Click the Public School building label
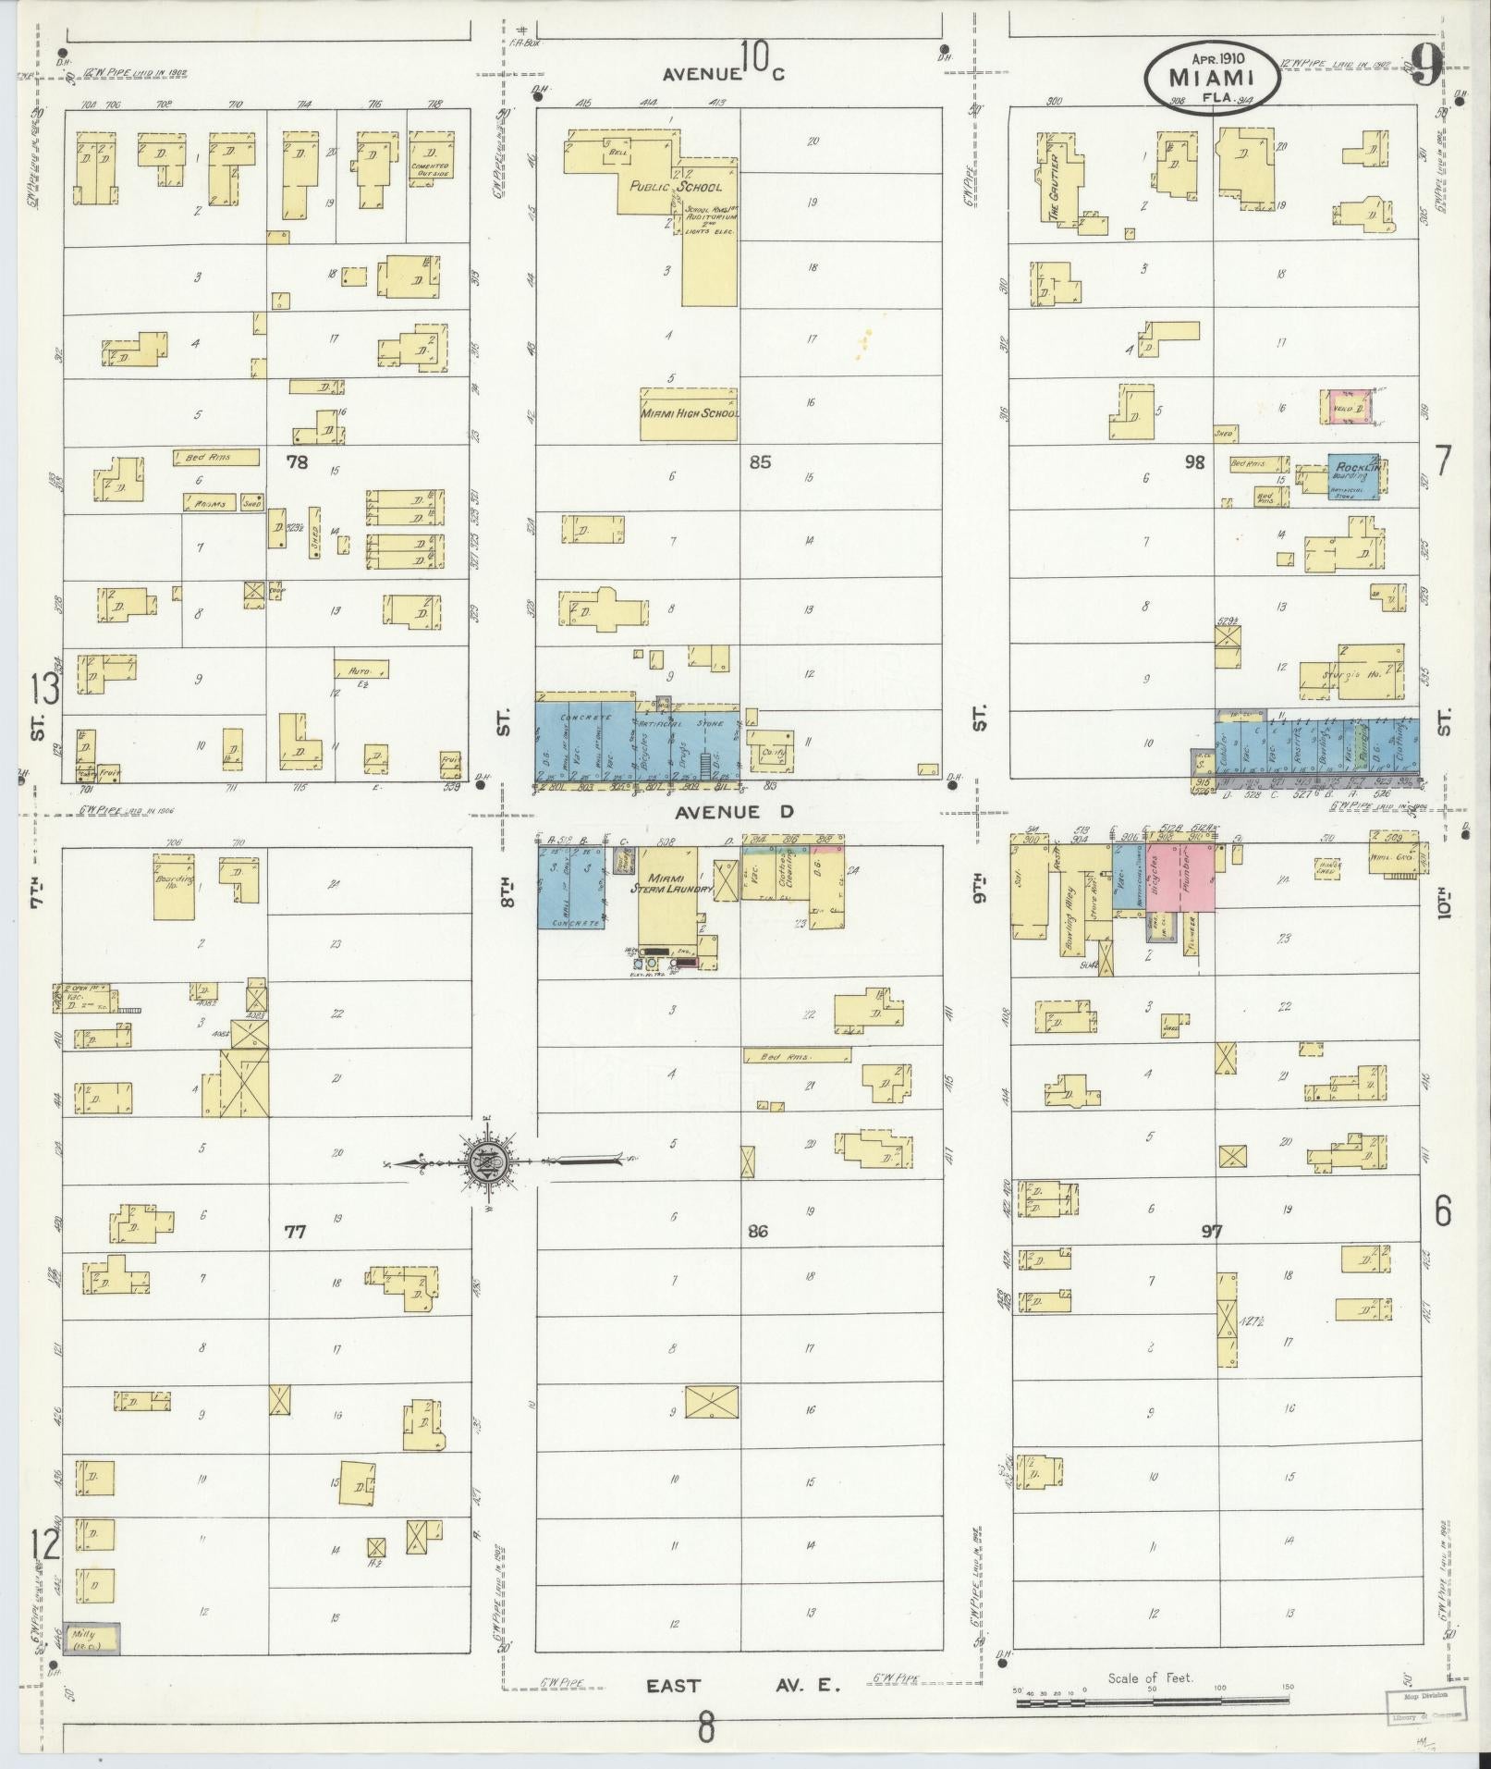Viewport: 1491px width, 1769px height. (675, 187)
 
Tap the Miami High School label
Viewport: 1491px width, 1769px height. (690, 412)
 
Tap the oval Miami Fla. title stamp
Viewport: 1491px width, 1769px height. (1212, 78)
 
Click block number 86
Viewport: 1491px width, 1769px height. (758, 1232)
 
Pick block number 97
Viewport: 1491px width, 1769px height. (1212, 1232)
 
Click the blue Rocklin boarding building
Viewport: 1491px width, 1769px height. (1353, 476)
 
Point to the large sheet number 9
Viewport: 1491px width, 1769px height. (1426, 68)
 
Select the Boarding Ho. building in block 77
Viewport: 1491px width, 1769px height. (174, 885)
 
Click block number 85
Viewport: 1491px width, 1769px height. (760, 461)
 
